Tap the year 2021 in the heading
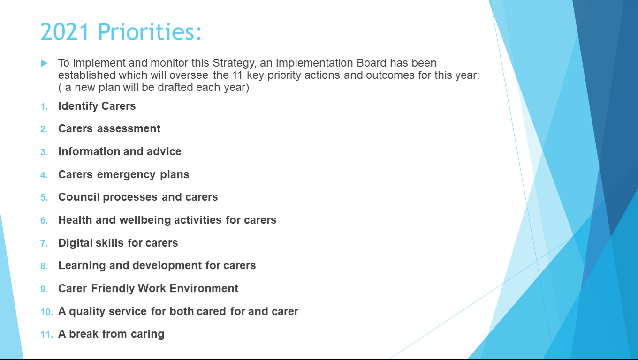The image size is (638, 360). [x=65, y=31]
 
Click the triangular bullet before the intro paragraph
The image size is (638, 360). [x=44, y=63]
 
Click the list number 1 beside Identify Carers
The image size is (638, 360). [x=44, y=107]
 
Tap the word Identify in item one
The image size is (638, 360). [x=78, y=106]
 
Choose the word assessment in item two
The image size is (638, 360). [x=129, y=128]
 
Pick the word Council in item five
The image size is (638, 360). [x=79, y=197]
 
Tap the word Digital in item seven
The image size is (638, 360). [x=75, y=243]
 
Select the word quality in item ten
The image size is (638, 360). [x=87, y=312]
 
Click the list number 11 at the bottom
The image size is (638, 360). [x=47, y=334]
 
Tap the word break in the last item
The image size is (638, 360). [x=84, y=334]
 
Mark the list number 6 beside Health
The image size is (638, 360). [x=44, y=221]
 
